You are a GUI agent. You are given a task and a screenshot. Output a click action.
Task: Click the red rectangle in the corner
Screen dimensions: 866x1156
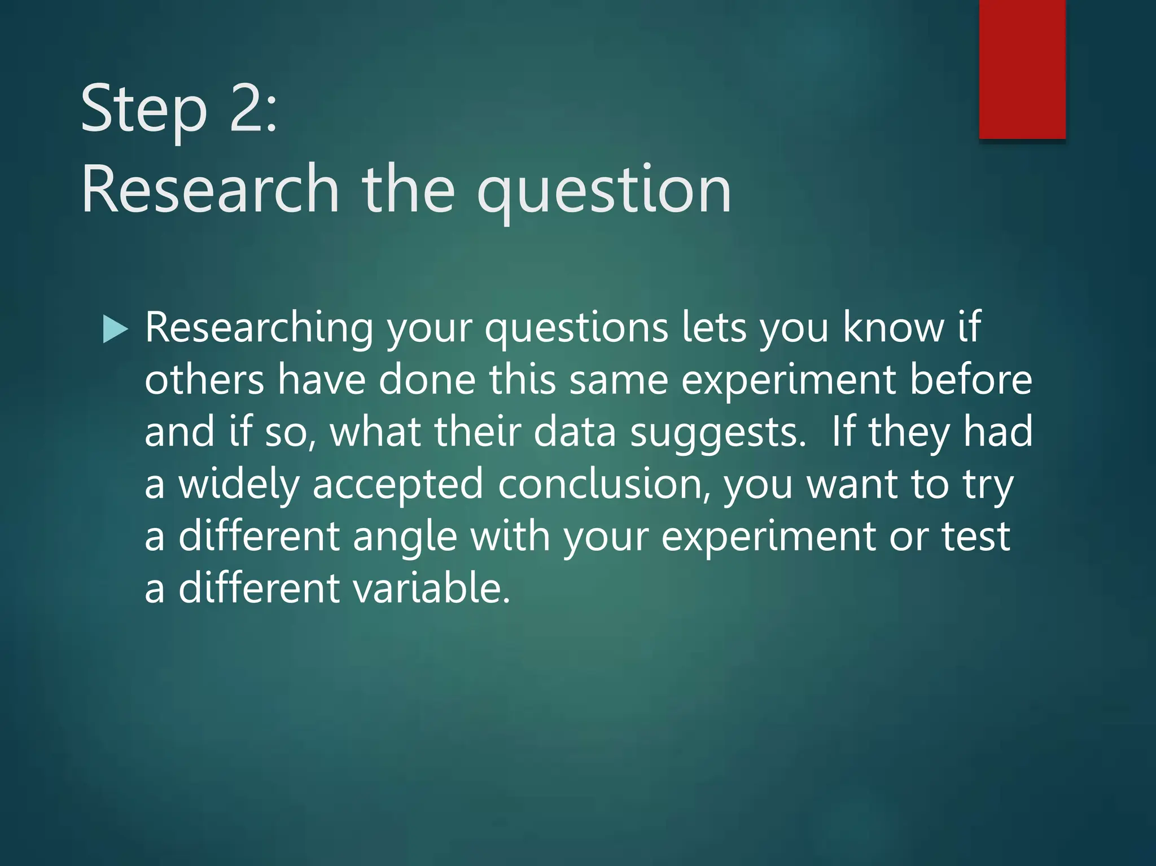(1022, 69)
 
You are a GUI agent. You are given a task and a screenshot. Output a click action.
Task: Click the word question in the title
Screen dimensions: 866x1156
(603, 192)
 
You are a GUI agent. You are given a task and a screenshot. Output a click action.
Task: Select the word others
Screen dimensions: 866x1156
(204, 380)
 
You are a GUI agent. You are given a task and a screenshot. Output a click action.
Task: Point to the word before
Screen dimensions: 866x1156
(971, 380)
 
